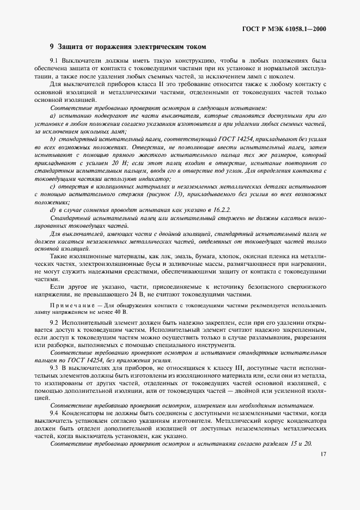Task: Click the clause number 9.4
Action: (54, 414)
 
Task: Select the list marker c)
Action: (52, 187)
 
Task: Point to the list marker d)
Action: (53, 210)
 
